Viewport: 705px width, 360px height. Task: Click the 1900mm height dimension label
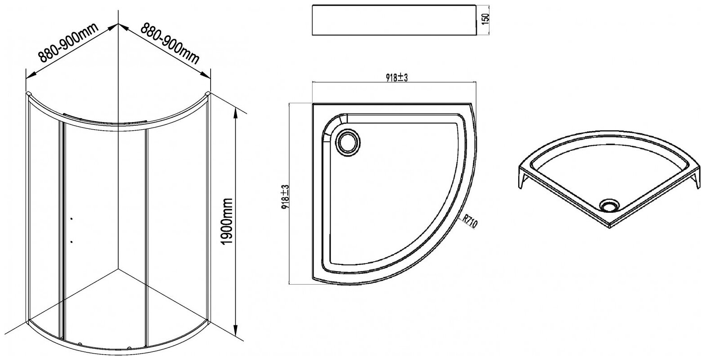click(227, 222)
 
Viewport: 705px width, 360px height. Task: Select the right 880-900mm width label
click(170, 43)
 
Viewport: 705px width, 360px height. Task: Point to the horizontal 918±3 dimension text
click(397, 78)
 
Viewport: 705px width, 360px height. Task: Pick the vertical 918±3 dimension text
click(286, 198)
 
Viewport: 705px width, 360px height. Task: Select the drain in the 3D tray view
click(609, 205)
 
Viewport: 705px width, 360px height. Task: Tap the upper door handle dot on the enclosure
click(72, 218)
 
